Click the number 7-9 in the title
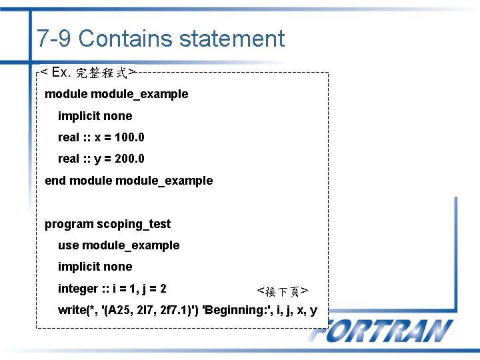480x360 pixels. [x=55, y=39]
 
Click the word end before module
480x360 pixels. [x=55, y=181]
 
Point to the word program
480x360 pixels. [x=69, y=224]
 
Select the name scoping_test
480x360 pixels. [x=133, y=224]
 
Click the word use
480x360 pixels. [x=68, y=245]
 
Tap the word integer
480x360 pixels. [x=77, y=289]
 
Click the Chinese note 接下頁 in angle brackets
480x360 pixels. [x=282, y=291]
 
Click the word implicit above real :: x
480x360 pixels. [x=79, y=116]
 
